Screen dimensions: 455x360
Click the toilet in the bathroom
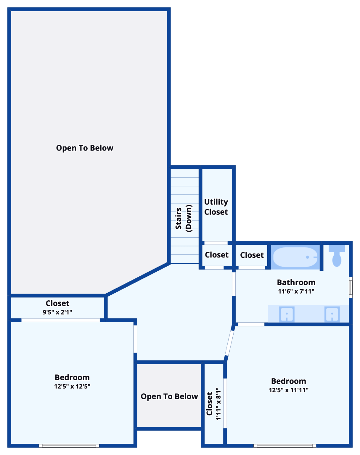tap(337, 257)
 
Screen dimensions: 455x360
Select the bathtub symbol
tap(295, 257)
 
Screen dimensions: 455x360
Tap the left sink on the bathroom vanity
tap(287, 314)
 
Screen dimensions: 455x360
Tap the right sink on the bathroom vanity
tap(332, 314)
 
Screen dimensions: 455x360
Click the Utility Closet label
tap(216, 207)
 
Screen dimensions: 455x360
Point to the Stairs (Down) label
tap(184, 218)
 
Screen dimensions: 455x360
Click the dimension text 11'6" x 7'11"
tap(296, 291)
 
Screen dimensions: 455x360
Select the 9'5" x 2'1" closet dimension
tap(57, 312)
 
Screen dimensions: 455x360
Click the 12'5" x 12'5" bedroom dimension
tap(72, 386)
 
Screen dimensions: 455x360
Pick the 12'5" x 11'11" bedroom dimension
tap(289, 390)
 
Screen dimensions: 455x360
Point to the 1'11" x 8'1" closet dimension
tap(218, 403)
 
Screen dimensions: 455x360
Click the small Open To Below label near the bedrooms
tap(169, 396)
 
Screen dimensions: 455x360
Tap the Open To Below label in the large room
tap(85, 148)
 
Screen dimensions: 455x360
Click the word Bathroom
tap(296, 282)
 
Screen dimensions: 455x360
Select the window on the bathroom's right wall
tap(351, 287)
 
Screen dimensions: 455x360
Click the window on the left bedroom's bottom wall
tap(69, 446)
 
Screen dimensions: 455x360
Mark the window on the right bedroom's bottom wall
tap(285, 446)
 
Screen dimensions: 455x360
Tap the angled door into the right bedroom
tap(229, 343)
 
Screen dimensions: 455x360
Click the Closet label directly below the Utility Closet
tap(217, 255)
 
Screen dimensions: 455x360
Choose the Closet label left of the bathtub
tap(252, 255)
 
